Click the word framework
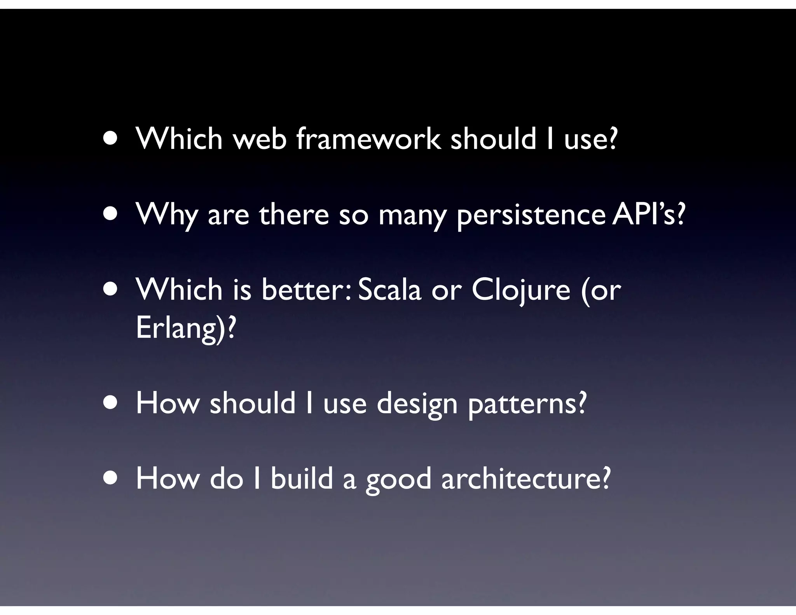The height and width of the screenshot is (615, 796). click(x=368, y=139)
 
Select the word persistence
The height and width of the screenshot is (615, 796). click(x=531, y=215)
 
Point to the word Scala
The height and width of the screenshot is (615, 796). click(x=389, y=290)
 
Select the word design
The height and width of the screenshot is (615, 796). click(x=417, y=404)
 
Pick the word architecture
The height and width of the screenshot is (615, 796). click(x=526, y=479)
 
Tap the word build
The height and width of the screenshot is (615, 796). click(x=302, y=479)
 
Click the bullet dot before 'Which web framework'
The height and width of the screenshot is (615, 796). click(x=111, y=139)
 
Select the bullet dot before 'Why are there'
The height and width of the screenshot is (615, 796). click(x=111, y=215)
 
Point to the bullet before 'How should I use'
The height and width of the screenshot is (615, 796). click(x=111, y=404)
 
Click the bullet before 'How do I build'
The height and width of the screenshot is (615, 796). click(x=111, y=479)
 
